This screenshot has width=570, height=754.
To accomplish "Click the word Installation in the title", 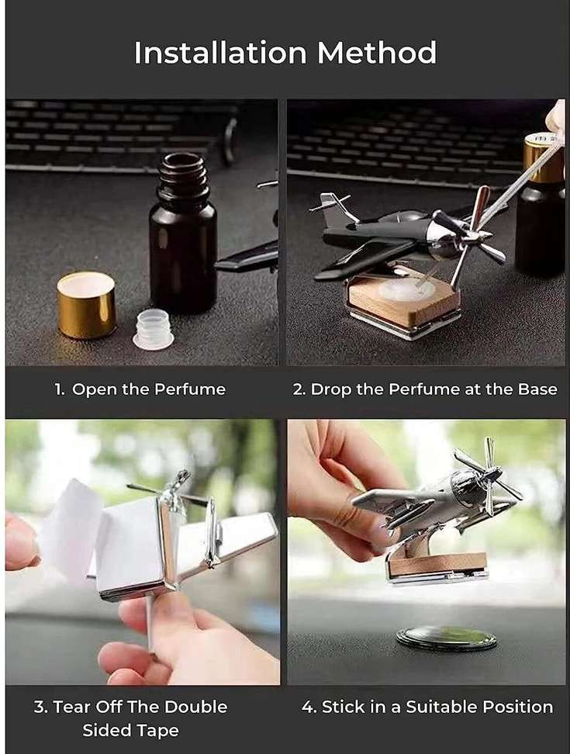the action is pos(220,53).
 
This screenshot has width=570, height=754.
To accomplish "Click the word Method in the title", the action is pos(377,53).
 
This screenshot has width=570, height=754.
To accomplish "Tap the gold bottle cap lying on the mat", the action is pos(87,304).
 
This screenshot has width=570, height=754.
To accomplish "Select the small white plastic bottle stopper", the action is pos(153,330).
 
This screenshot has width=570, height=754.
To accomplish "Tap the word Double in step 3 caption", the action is pos(196,707).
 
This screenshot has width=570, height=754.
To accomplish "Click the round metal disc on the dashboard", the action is pos(444,638).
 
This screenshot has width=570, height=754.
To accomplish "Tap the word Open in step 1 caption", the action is pos(95,389).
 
